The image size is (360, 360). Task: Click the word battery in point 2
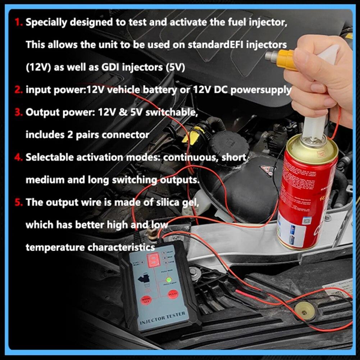coord(156,90)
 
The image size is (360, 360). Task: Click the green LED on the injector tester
coord(168,279)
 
